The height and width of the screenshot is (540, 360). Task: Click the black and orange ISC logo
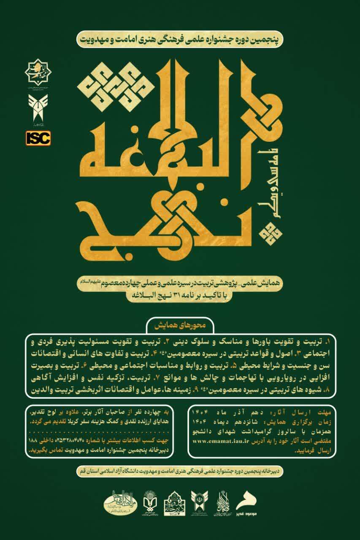pyautogui.click(x=38, y=138)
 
